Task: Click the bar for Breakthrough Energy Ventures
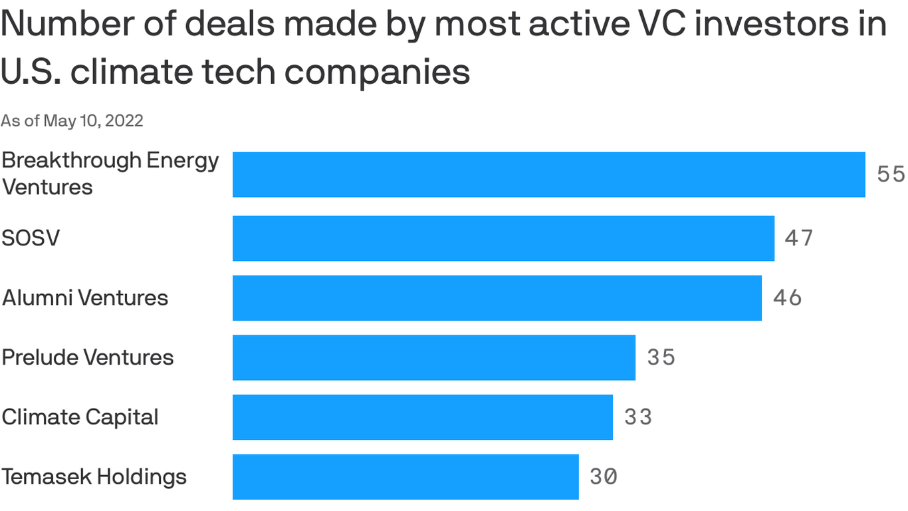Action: (548, 174)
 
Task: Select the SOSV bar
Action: (503, 238)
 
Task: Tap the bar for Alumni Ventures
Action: (497, 297)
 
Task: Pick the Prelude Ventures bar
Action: (433, 357)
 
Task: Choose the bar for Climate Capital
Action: (422, 417)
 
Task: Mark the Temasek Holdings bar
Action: (405, 476)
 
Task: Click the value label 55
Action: (891, 174)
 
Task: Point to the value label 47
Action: (798, 238)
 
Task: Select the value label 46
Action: (787, 297)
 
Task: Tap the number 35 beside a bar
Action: (661, 357)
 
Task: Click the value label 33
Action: (637, 417)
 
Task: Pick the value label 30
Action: (603, 476)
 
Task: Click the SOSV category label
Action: (31, 238)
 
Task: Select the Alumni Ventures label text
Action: (85, 297)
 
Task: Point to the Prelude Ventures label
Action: (88, 357)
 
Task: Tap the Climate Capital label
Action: (80, 417)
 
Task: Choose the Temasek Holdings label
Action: (94, 476)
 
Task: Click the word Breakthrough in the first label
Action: (71, 161)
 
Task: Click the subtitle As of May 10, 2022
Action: (72, 120)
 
